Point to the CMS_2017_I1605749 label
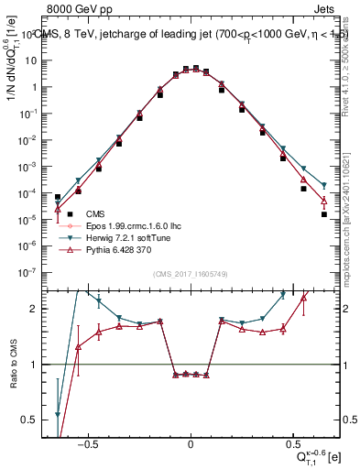191,275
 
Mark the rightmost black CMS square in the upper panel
324,214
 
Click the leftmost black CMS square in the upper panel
58,197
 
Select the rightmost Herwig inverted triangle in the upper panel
324,186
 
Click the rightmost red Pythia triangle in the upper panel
324,202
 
